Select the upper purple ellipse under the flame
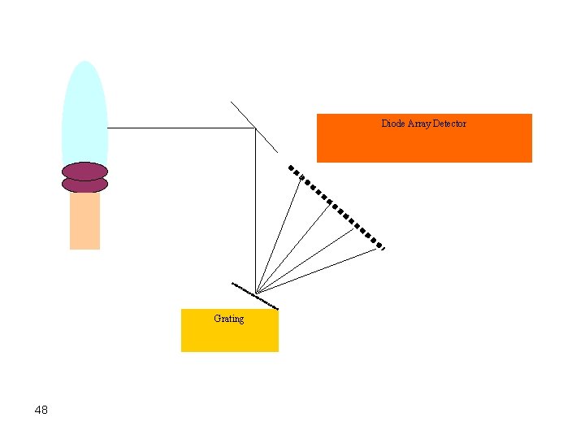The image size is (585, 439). point(84,171)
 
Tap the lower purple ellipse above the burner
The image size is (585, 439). point(84,185)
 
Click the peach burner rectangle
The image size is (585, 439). point(84,221)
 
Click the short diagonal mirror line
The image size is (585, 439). point(254,127)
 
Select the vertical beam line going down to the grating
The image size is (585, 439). point(256,211)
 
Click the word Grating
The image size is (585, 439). point(228,319)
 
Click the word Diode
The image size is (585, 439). point(393,124)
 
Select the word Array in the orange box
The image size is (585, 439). point(419,124)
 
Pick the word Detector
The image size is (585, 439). point(450,124)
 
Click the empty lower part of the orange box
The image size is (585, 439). point(424,148)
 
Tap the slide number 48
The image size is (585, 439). point(41,410)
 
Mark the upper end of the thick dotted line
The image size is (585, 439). point(291,167)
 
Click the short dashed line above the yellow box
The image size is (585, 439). point(255,296)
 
